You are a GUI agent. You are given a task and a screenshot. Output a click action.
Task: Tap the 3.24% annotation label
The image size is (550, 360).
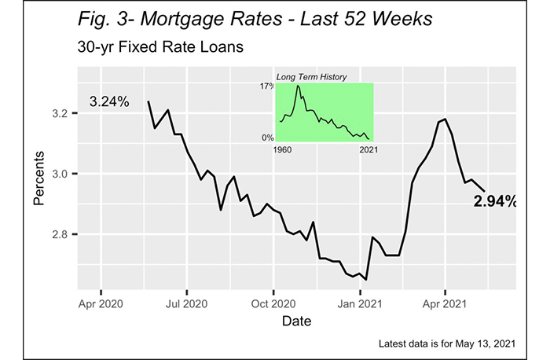click(109, 101)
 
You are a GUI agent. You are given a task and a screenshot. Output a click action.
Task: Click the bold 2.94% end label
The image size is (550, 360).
click(494, 201)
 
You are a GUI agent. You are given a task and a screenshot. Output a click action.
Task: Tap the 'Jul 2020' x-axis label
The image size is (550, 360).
click(188, 303)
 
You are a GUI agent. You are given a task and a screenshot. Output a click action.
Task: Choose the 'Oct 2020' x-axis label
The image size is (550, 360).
click(274, 303)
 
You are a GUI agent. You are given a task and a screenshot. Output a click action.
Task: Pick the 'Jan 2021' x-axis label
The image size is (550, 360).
click(360, 303)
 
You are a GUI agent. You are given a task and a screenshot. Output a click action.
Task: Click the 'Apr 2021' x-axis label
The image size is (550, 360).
click(445, 303)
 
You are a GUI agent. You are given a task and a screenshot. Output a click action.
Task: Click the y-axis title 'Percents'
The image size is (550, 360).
click(39, 177)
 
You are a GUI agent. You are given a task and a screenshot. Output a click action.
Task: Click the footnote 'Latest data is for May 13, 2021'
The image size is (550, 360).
click(445, 343)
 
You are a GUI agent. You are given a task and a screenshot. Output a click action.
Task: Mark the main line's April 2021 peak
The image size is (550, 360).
click(445, 119)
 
